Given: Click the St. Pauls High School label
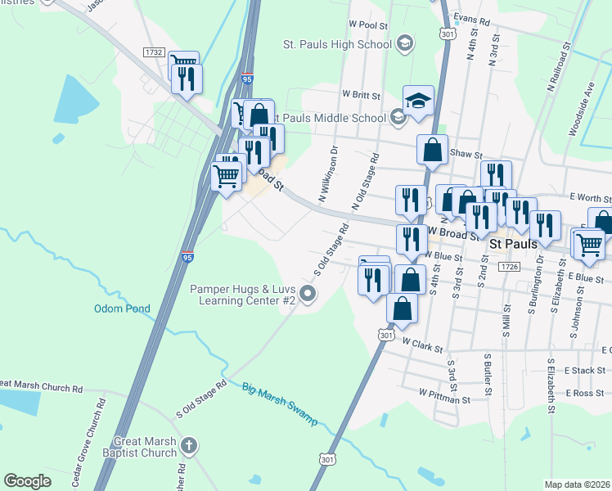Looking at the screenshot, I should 337,44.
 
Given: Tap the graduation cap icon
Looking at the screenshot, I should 418,101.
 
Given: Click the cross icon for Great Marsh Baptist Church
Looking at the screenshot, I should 189,446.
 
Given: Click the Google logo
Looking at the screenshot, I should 28,481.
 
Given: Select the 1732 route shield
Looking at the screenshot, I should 153,52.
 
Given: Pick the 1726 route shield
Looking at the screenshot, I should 509,267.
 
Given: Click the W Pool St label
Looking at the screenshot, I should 367,25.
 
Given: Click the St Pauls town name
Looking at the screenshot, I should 512,244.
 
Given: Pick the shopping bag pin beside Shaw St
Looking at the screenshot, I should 432,150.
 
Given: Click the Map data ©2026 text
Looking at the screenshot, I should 577,484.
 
